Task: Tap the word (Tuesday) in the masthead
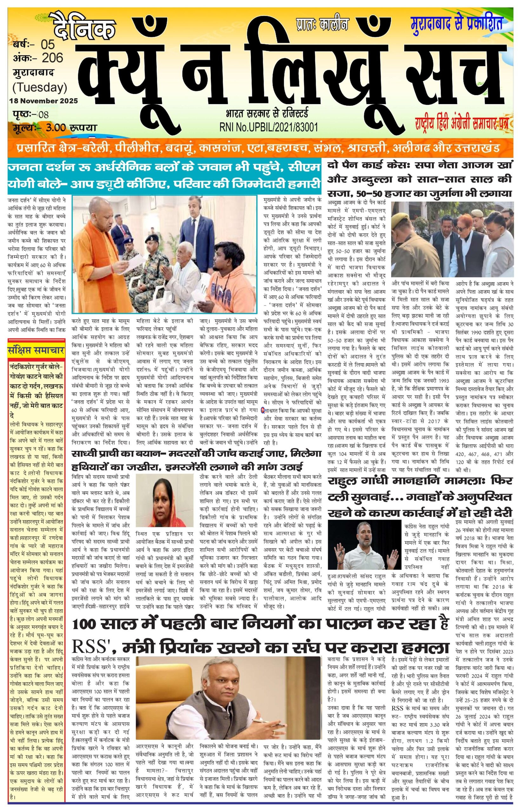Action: coord(40,87)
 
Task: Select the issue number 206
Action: coord(52,58)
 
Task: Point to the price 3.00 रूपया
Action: coord(68,128)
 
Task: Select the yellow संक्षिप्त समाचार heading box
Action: coord(36,351)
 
